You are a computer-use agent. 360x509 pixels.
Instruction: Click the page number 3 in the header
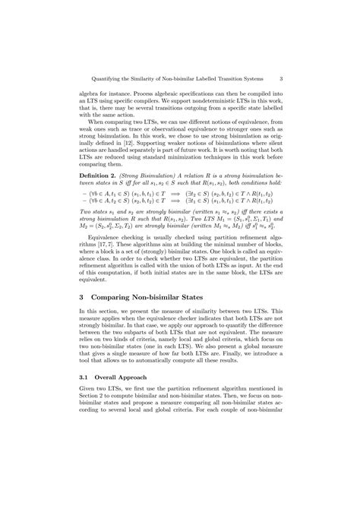281,76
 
